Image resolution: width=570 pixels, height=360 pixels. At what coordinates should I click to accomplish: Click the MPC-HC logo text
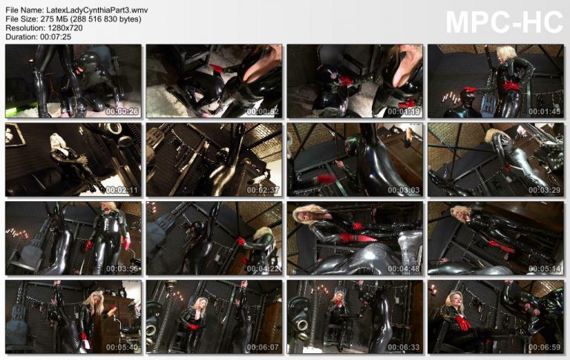(x=504, y=23)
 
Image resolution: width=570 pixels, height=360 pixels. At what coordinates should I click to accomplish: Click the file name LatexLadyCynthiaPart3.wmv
(x=97, y=10)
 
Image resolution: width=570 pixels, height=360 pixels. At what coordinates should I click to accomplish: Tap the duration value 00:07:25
(x=56, y=36)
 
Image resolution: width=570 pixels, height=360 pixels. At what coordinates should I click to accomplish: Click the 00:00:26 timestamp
(x=122, y=111)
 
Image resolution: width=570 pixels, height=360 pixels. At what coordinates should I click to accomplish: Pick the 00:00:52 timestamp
(x=263, y=111)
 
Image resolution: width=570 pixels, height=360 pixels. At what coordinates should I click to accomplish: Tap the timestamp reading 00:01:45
(x=544, y=111)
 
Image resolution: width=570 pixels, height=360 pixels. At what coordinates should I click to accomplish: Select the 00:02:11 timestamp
(x=122, y=190)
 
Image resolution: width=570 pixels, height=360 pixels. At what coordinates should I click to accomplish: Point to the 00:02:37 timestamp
(x=263, y=190)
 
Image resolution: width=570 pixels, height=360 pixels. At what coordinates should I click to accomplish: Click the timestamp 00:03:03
(x=404, y=190)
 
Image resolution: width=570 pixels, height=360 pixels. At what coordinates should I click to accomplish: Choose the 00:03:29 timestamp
(x=544, y=190)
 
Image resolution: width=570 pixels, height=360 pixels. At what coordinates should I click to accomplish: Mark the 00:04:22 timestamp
(x=263, y=269)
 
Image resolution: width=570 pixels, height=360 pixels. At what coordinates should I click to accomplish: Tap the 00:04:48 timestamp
(x=404, y=269)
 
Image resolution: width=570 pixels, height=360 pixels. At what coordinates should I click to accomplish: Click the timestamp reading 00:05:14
(x=544, y=269)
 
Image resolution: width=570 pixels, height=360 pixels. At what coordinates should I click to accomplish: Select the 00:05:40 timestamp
(x=122, y=347)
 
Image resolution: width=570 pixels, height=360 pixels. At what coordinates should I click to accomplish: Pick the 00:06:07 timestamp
(x=263, y=347)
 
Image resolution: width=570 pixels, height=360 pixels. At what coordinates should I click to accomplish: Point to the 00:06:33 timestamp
(x=404, y=347)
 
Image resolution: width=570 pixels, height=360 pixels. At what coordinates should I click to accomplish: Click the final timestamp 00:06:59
(x=544, y=347)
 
